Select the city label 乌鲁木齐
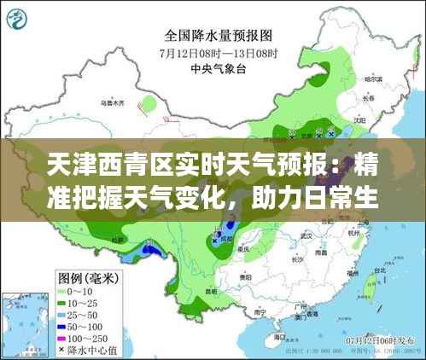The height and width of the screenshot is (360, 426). click(x=112, y=103)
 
